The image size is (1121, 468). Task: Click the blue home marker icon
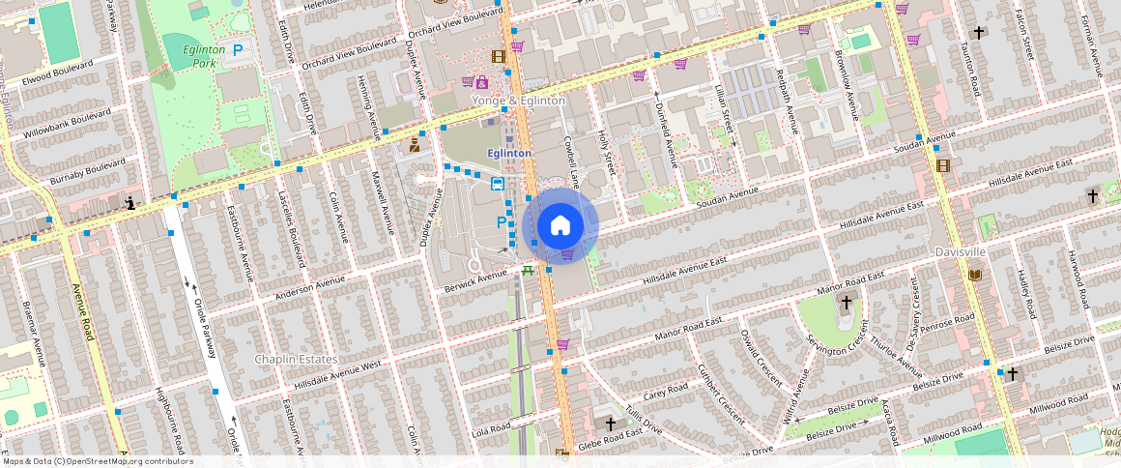pos(560,226)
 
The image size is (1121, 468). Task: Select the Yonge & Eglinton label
pos(518,101)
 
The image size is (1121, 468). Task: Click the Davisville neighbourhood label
pos(961,251)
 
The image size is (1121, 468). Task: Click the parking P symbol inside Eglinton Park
pos(237,51)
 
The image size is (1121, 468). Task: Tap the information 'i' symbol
pos(130,203)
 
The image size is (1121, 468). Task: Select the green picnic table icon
pos(528,271)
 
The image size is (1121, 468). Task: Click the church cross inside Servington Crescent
pos(846,303)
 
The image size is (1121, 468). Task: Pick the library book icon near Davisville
pos(974,276)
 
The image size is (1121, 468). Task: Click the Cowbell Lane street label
pos(573,160)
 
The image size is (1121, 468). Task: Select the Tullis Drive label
pos(643,419)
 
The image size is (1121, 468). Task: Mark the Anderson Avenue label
pos(310,286)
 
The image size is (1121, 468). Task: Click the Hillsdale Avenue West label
pos(337,372)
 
